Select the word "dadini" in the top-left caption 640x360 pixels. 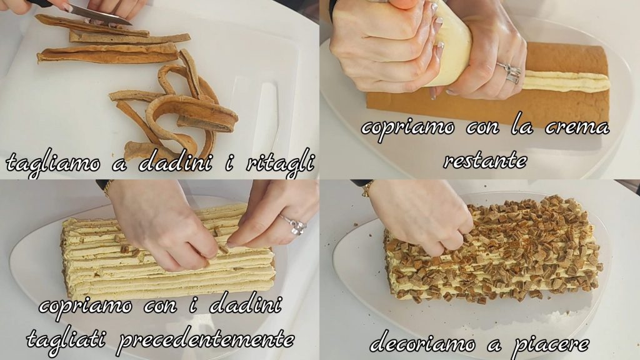click(175, 162)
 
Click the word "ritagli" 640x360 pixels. click(281, 163)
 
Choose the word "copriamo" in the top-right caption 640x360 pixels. click(407, 127)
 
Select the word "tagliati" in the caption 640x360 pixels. click(67, 339)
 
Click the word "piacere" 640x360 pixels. click(551, 345)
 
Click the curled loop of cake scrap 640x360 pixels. click(192, 114)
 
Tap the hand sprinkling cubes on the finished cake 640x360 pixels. click(424, 216)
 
